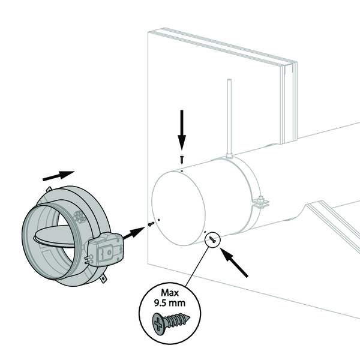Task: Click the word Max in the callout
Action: coord(170,293)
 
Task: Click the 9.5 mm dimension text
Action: coord(170,303)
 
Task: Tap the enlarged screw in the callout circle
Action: coord(171,322)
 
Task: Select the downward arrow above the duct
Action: coord(182,130)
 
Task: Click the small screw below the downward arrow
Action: coord(182,160)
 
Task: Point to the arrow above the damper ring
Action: coord(59,176)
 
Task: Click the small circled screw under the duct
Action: coord(212,240)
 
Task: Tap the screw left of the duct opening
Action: coord(151,224)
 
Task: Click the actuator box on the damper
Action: coord(106,249)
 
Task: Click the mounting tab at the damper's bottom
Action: coord(104,278)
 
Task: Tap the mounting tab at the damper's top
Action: coord(49,189)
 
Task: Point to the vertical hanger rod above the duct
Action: coord(229,118)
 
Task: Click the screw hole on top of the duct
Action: coord(182,171)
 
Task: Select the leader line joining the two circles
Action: coord(197,267)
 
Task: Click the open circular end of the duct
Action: coord(179,208)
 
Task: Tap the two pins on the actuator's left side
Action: coord(88,259)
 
